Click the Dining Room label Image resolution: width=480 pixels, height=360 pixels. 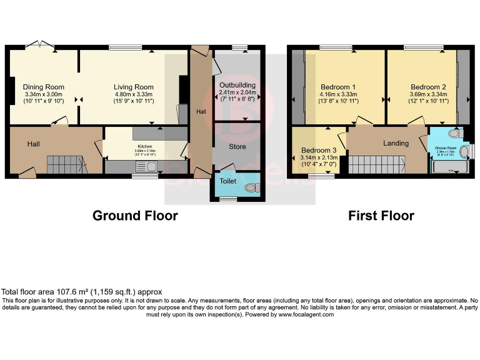point(44,87)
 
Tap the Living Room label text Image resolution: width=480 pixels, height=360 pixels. point(133,87)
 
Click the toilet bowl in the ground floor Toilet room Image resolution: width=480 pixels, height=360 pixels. point(251,187)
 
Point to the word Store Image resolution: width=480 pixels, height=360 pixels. point(237,147)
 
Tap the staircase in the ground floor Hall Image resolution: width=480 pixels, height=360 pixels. point(65,165)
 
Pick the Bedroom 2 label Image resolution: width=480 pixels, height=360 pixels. point(428,87)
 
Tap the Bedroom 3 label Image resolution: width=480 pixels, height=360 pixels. point(319,151)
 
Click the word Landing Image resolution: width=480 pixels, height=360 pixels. point(396,143)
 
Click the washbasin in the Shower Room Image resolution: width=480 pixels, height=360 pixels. point(464,150)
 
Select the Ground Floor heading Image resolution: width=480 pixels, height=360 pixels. point(135,216)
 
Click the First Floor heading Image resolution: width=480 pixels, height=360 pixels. point(381,216)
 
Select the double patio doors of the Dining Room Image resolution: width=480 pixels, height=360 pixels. point(38,44)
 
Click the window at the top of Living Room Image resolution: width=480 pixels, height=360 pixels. point(121,47)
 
